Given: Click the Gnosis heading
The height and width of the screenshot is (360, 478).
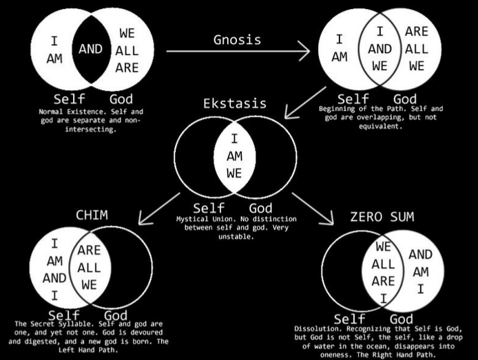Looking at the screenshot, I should point(236,40).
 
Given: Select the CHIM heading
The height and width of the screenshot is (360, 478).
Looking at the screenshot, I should point(92,216).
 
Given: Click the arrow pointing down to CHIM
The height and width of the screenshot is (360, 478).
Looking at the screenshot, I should point(158,207).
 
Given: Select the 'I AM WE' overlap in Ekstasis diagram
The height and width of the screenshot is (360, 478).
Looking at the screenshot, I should point(235,156).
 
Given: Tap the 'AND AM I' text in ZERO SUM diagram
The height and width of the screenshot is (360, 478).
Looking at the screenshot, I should point(420,271).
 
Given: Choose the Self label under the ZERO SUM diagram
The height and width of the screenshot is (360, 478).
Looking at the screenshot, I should point(350,319).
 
